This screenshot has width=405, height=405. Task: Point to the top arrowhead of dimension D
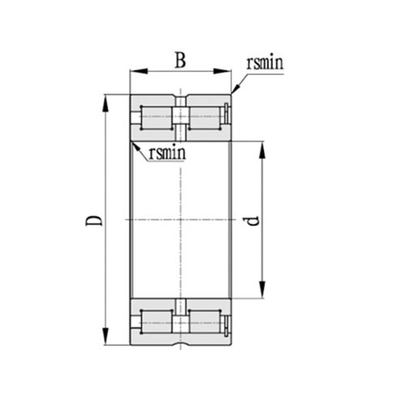106,100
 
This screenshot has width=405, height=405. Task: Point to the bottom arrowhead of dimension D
106,340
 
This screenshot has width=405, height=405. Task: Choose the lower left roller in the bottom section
155,322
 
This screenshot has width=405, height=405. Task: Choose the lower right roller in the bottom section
206,322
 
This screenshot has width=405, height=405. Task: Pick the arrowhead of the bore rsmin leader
133,143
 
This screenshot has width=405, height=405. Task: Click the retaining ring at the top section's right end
229,117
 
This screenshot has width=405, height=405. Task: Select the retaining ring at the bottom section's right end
229,322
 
